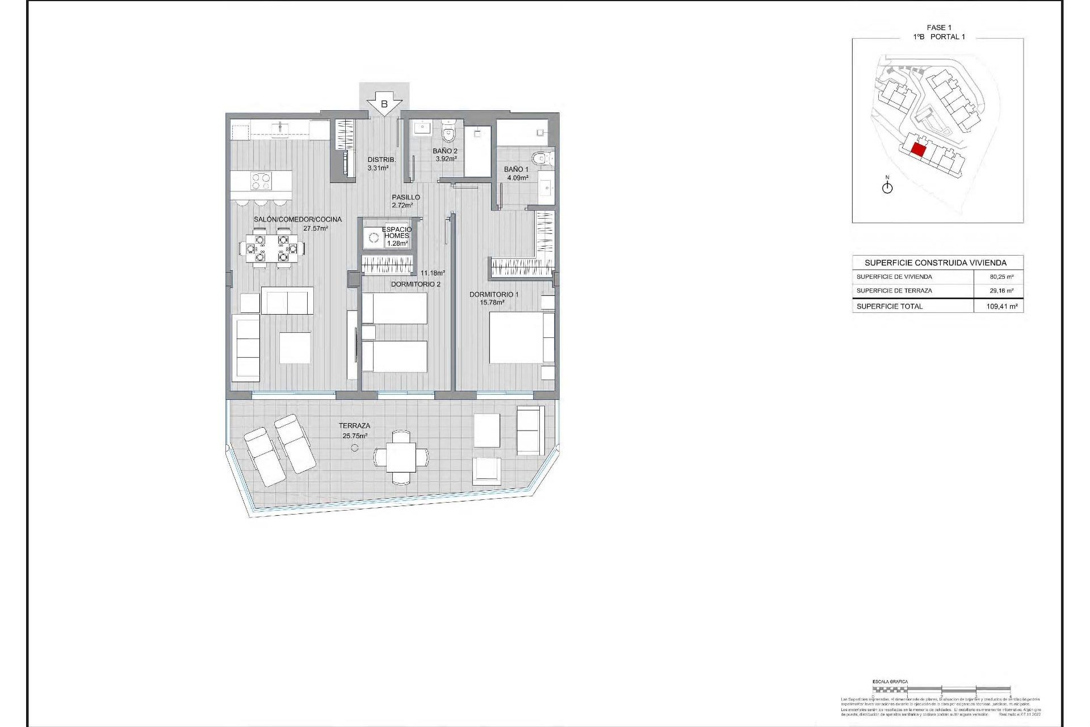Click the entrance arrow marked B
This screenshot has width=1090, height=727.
click(x=384, y=105)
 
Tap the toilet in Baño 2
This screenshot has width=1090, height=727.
click(x=448, y=133)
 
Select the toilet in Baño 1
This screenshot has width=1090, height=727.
click(x=540, y=158)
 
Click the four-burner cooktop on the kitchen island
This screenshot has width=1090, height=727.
click(x=261, y=182)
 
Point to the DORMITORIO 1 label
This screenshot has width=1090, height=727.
click(x=493, y=294)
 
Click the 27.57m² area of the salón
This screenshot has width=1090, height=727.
click(x=316, y=228)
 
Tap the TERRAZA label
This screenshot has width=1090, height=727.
click(x=354, y=425)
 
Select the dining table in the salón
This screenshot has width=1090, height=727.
click(x=271, y=248)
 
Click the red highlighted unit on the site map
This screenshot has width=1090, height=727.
click(x=918, y=151)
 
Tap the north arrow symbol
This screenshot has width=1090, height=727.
click(x=887, y=187)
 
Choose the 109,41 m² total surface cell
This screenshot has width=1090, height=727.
click(x=1001, y=306)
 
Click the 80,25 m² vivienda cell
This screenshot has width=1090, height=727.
click(x=1001, y=277)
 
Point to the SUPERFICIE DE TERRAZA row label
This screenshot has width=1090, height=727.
click(x=894, y=291)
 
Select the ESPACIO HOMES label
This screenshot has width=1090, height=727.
click(x=396, y=233)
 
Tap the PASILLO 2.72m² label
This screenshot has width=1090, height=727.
click(x=405, y=201)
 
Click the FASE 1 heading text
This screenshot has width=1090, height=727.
click(x=938, y=27)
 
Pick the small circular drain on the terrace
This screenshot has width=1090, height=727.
click(x=354, y=448)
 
